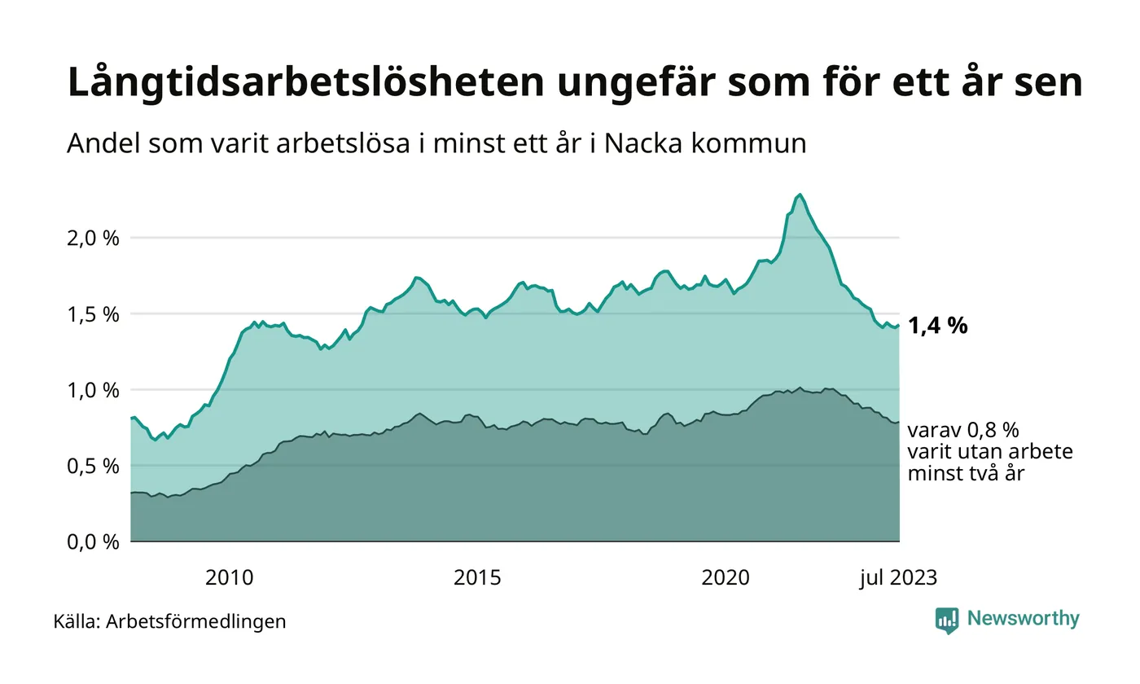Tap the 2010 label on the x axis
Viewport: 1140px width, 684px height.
[x=230, y=578]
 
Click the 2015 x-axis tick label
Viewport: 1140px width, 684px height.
[x=478, y=578]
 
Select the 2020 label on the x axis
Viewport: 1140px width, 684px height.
[x=726, y=578]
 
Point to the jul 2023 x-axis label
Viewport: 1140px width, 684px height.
[x=899, y=578]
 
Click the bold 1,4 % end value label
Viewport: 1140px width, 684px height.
[x=937, y=327]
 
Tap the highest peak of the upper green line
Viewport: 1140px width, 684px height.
[x=800, y=195]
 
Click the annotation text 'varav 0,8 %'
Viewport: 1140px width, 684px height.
[x=962, y=430]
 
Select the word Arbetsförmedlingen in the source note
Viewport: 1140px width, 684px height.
[x=196, y=621]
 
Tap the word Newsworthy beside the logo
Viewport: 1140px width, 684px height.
[x=1024, y=619]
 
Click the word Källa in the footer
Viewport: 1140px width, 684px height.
[x=77, y=621]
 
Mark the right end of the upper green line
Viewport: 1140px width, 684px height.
[x=899, y=326]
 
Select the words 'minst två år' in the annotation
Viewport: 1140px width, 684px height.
[x=965, y=472]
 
